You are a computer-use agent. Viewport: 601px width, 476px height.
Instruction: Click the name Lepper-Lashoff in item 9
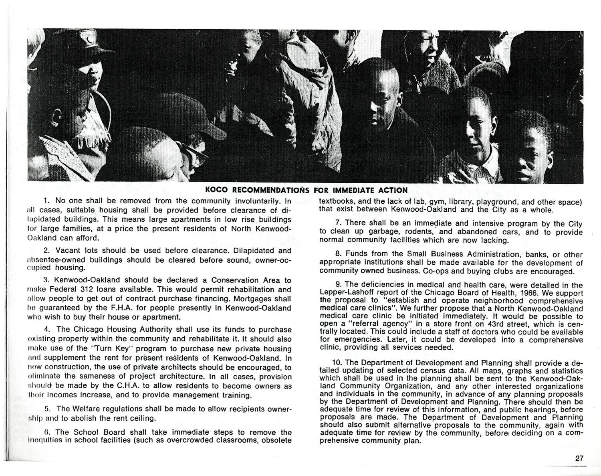tap(346, 293)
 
